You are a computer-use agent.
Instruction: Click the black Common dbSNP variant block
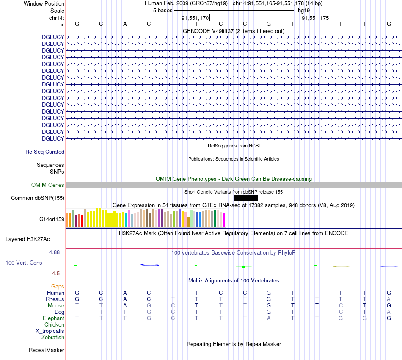coord(245,198)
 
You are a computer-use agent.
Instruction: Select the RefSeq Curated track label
coord(45,152)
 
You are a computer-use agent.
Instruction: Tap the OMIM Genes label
coord(48,185)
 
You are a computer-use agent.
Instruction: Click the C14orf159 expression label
coord(52,219)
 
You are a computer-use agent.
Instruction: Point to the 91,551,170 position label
coord(195,18)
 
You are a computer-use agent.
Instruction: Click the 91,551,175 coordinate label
coord(315,18)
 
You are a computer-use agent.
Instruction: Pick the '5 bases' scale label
coord(162,10)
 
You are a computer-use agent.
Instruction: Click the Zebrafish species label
coord(53,338)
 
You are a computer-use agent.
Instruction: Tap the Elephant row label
coord(53,318)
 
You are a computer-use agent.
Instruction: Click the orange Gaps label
coord(58,287)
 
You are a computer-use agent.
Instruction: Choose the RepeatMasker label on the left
coord(47,350)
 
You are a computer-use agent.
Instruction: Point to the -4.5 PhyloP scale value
coord(55,274)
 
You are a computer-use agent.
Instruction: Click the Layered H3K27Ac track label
coord(28,239)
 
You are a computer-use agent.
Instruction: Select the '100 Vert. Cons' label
coord(24,263)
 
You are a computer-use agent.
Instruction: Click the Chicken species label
coord(54,324)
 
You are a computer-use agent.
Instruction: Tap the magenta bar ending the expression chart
coord(224,220)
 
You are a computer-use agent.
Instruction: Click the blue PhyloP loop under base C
coord(149,265)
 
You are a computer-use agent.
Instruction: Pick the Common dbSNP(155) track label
coord(38,198)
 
